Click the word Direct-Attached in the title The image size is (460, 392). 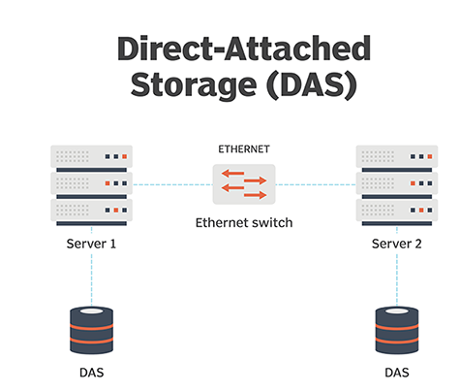pyautogui.click(x=244, y=49)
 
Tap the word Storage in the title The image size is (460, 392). pyautogui.click(x=194, y=84)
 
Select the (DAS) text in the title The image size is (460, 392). pyautogui.click(x=312, y=84)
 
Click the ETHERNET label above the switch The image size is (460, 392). pyautogui.click(x=244, y=149)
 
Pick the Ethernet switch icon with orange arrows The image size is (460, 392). pyautogui.click(x=244, y=184)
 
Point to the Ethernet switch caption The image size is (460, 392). pyautogui.click(x=244, y=223)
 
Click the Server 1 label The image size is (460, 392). pyautogui.click(x=91, y=244)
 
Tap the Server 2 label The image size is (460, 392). pyautogui.click(x=397, y=244)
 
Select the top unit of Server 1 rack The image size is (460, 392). pyautogui.click(x=92, y=158)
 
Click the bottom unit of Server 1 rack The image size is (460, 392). pyautogui.click(x=92, y=212)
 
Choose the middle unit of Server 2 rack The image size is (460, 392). pyautogui.click(x=397, y=185)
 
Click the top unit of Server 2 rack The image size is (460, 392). pyautogui.click(x=397, y=158)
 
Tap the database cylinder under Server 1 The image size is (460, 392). pyautogui.click(x=92, y=330)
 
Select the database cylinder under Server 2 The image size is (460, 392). pyautogui.click(x=397, y=330)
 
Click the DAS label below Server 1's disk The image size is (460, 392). pyautogui.click(x=92, y=373)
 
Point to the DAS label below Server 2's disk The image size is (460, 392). pyautogui.click(x=397, y=373)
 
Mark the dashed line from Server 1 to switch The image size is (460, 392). pyautogui.click(x=172, y=184)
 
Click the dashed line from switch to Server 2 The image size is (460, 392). pyautogui.click(x=316, y=184)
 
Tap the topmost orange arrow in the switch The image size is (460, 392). pyautogui.click(x=232, y=173)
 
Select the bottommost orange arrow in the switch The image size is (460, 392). pyautogui.click(x=256, y=195)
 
